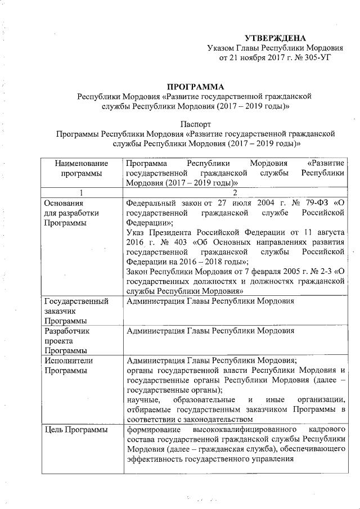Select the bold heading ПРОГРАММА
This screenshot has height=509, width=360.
click(x=193, y=87)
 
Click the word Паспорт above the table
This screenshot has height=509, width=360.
click(x=194, y=124)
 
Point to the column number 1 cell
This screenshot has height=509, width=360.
click(x=82, y=192)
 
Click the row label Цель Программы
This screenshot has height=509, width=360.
click(x=76, y=430)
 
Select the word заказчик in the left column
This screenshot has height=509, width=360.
click(x=60, y=311)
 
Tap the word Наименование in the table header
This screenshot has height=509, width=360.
click(x=81, y=163)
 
